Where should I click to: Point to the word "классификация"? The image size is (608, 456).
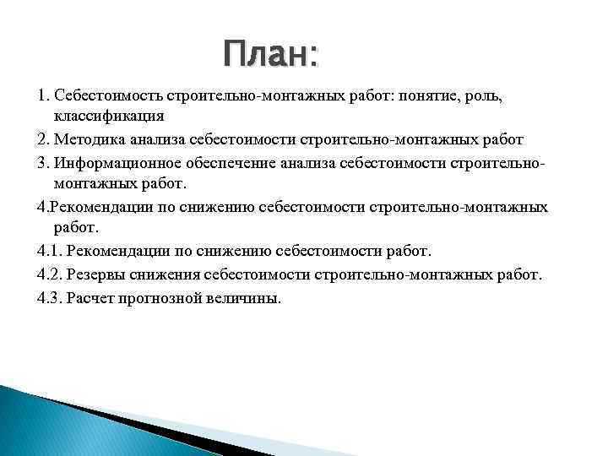coord(109,116)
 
